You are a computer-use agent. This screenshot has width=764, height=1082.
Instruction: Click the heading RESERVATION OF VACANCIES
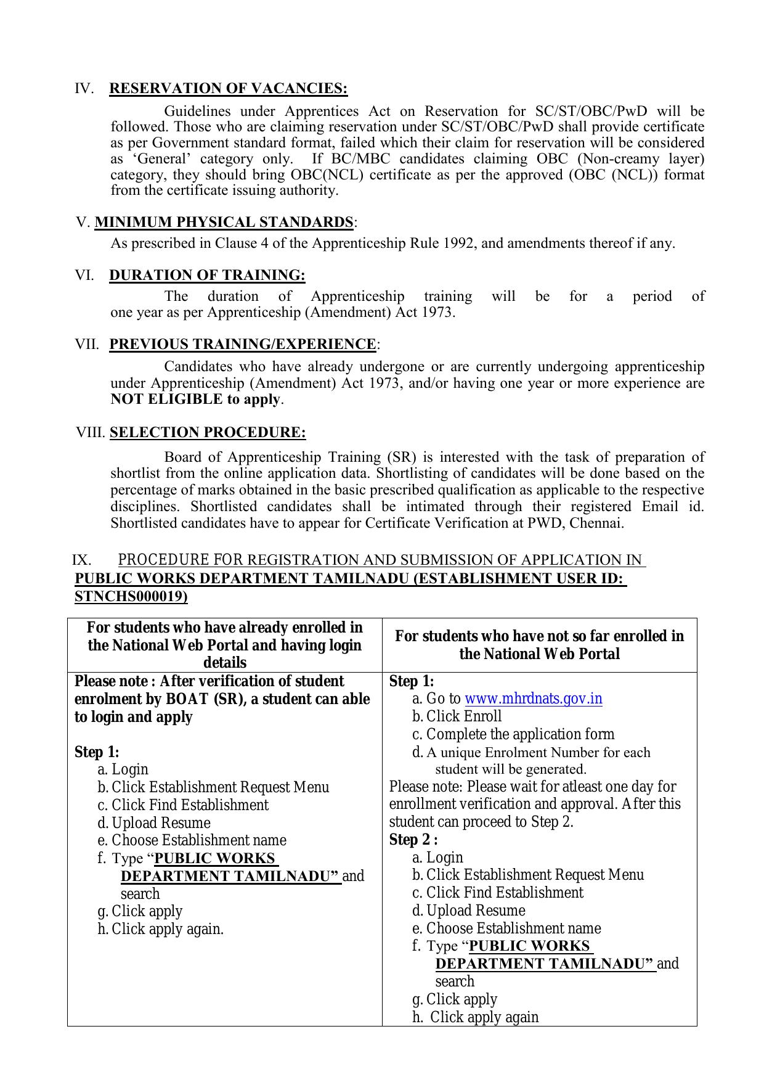[228, 89]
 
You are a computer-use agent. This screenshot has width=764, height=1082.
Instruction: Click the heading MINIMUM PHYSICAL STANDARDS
[224, 223]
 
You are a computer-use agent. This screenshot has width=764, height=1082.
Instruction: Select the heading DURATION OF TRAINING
[207, 276]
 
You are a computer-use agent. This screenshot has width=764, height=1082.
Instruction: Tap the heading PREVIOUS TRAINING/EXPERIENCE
[242, 344]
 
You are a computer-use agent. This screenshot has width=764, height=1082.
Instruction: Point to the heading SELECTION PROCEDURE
[208, 433]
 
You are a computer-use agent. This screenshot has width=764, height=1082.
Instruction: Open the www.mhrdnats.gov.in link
[533, 699]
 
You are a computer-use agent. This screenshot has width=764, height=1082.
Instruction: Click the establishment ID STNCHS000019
[131, 597]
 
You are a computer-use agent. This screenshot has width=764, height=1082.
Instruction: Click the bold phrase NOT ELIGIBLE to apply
[195, 400]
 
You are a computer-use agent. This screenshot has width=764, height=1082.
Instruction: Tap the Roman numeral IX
[81, 560]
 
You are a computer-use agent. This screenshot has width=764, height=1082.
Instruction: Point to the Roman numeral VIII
[91, 433]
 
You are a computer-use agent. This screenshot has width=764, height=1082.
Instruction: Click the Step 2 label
[413, 840]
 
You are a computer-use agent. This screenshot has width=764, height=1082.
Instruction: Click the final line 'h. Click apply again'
[476, 1017]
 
